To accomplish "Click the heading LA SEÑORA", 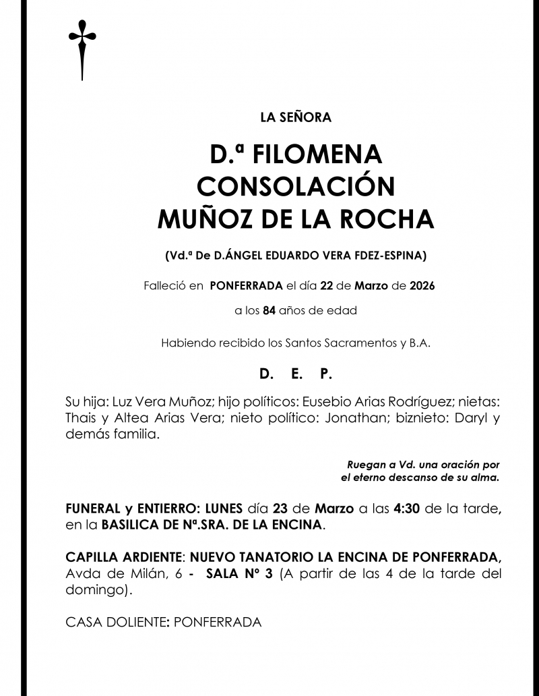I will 296,118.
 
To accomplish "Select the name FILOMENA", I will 317,155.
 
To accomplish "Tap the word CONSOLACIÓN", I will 296,187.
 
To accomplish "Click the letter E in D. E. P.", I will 295,372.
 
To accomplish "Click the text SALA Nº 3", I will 239,574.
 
